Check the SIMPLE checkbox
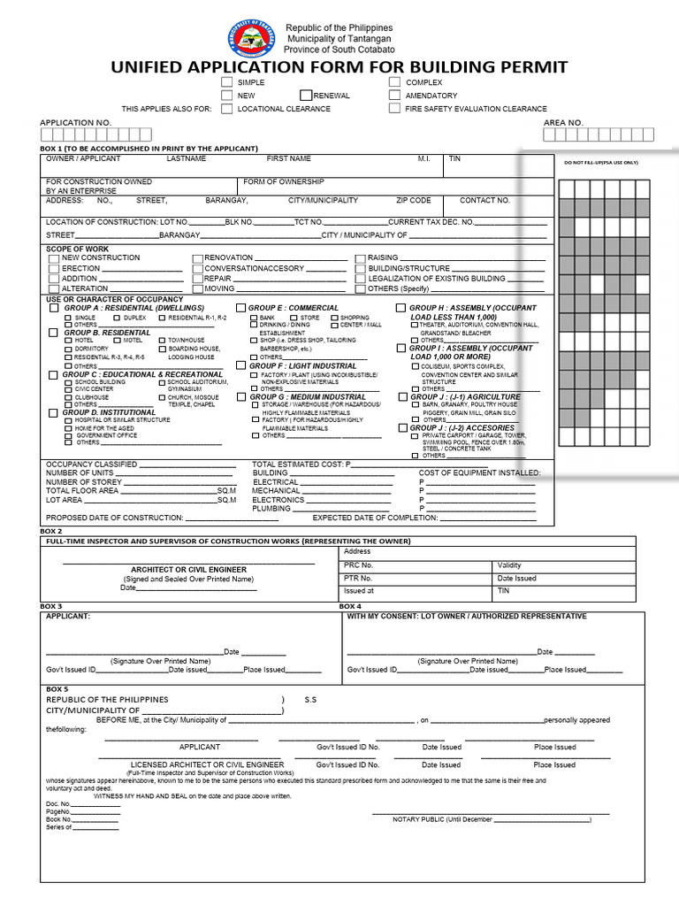[x=227, y=82]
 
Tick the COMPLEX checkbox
[x=394, y=82]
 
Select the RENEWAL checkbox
[x=306, y=96]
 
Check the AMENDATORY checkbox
[x=394, y=96]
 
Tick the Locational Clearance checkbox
[x=227, y=109]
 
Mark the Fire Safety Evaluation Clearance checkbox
[x=394, y=109]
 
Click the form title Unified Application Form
[x=339, y=68]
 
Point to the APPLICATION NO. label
[x=75, y=123]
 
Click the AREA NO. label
[x=563, y=123]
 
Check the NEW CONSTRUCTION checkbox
[x=55, y=258]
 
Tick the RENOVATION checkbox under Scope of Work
[x=197, y=258]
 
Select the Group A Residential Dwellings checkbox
[x=54, y=308]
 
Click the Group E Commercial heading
[x=294, y=308]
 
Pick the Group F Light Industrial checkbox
[x=240, y=365]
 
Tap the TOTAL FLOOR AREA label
[x=82, y=490]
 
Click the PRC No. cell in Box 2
[x=359, y=564]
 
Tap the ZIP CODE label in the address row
[x=414, y=201]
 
